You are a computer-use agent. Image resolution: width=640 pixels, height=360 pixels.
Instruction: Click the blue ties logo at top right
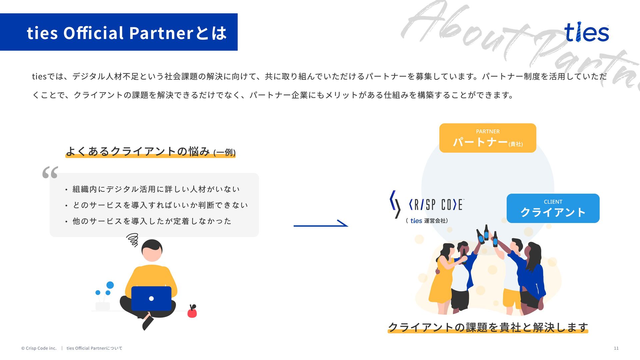point(586,32)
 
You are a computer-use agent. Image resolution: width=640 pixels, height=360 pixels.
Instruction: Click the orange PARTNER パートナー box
point(487,138)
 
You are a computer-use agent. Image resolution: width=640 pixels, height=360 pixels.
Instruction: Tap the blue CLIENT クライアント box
point(553,208)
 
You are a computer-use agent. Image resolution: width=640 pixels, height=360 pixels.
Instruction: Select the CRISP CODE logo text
point(436,204)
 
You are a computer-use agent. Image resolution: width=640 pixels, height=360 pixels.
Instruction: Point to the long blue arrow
point(320,225)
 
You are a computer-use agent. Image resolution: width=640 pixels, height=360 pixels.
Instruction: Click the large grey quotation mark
point(50,172)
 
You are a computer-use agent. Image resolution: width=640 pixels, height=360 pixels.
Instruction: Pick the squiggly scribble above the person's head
point(133,240)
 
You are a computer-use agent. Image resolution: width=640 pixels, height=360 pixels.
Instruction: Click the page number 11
point(616,348)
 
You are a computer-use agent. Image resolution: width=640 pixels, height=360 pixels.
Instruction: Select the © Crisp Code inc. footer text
point(39,348)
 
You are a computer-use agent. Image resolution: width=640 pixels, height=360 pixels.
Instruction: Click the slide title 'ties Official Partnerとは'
point(127,33)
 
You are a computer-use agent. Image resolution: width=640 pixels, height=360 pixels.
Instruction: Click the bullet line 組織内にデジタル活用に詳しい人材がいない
point(156,189)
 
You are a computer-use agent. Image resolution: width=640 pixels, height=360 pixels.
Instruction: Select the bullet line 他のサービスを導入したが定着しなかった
point(152,221)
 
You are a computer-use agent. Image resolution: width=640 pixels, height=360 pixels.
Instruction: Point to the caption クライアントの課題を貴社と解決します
point(488,327)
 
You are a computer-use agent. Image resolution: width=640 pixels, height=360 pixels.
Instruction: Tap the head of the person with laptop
point(152,250)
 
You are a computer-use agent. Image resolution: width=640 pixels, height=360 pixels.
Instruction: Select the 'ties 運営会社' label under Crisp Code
point(427,221)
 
